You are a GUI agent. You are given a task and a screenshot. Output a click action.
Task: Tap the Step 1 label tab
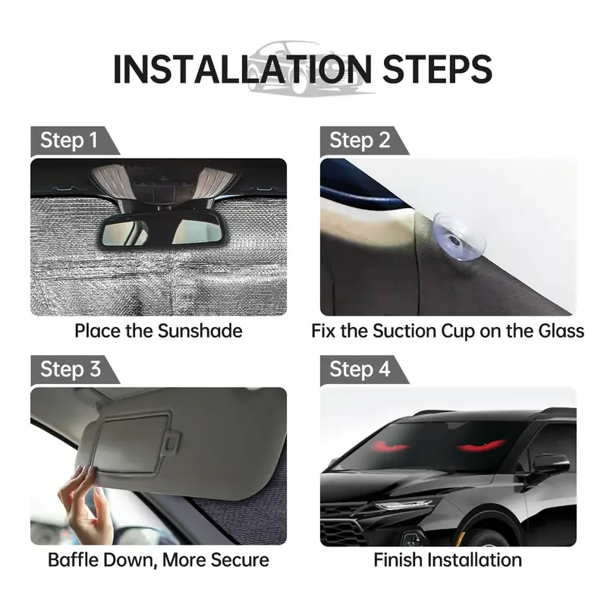tap(69, 140)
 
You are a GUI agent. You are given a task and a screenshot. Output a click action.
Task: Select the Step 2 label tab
tap(360, 140)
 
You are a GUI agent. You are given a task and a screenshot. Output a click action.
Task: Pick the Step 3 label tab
tap(69, 370)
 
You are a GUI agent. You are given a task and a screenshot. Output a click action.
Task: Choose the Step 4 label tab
tap(360, 370)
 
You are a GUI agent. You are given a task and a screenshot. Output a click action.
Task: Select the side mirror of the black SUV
tap(548, 464)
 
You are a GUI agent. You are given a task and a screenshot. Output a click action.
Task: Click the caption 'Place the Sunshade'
tap(158, 331)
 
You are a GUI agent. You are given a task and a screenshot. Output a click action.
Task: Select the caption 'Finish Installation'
tap(448, 560)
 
